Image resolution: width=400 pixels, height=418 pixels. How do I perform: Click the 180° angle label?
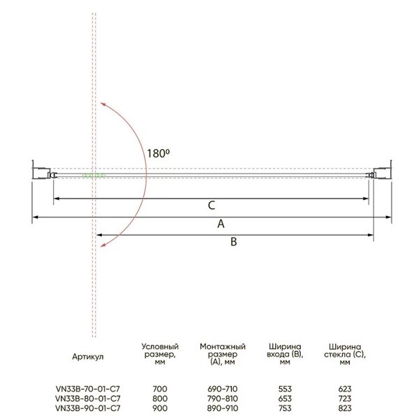point(158,153)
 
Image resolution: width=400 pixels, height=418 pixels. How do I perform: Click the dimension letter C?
point(212,206)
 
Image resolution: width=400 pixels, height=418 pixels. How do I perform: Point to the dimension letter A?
point(221,224)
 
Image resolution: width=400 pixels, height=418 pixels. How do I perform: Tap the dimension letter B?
point(234,242)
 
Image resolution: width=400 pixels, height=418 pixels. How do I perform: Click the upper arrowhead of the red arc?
point(103,104)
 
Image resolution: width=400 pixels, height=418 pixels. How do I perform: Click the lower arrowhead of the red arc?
point(103,245)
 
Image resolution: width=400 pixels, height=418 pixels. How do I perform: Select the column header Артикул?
point(88,357)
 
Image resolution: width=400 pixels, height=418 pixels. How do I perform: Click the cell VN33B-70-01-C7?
point(88,389)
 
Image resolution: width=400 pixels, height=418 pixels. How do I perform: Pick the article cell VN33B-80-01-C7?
point(88,398)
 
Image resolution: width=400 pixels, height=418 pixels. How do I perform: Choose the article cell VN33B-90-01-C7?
point(88,408)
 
